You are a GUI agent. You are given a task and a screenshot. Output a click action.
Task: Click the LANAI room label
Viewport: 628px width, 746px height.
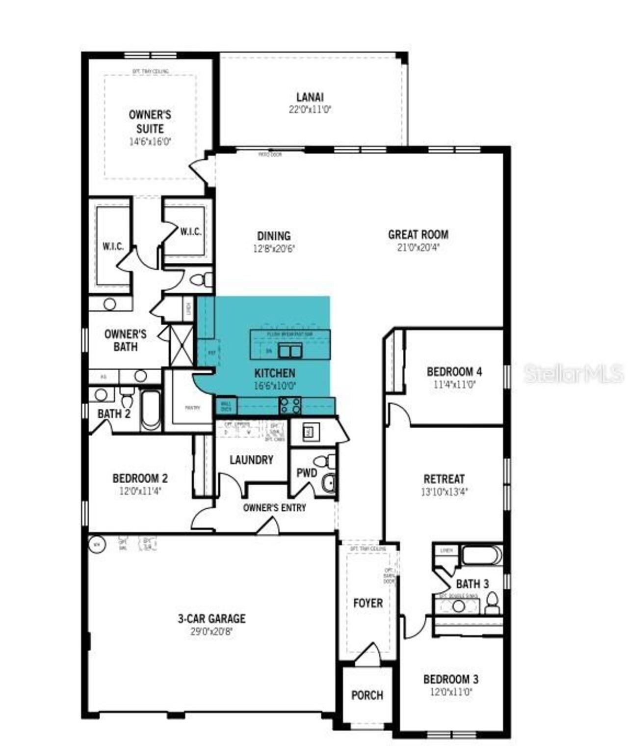tap(310, 97)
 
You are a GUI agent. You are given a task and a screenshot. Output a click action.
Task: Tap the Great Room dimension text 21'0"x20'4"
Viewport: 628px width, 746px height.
tap(418, 248)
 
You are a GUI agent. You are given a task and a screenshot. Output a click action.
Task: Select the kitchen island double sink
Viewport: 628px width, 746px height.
tap(290, 351)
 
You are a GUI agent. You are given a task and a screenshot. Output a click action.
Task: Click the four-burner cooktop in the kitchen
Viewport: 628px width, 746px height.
tap(290, 406)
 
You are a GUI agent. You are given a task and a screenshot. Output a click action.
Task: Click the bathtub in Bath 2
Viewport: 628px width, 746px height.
tap(151, 410)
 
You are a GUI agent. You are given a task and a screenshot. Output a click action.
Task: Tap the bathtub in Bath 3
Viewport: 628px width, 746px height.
tap(481, 555)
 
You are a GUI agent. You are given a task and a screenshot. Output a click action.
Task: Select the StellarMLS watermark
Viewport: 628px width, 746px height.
tap(574, 374)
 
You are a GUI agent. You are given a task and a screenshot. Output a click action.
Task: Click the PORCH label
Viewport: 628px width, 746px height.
tap(367, 695)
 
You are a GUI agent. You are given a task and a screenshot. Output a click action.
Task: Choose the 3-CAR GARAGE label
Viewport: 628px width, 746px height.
tap(211, 618)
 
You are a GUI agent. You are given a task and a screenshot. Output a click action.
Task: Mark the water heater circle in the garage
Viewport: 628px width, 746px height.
tap(97, 544)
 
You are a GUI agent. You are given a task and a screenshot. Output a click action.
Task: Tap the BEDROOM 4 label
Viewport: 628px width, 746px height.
tap(454, 371)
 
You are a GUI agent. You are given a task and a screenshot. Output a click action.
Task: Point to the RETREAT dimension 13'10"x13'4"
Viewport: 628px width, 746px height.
tap(445, 491)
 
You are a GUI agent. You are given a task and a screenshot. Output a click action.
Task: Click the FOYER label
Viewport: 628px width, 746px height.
tap(368, 603)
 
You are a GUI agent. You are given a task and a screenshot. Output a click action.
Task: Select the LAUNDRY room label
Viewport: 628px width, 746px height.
tap(251, 460)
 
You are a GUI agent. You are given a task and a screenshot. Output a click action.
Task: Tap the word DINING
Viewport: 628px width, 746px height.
tap(274, 236)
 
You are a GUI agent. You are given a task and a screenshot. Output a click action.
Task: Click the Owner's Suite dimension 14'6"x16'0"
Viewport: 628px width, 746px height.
tap(150, 141)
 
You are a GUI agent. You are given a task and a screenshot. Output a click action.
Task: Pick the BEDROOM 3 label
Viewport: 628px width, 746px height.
tap(450, 679)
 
